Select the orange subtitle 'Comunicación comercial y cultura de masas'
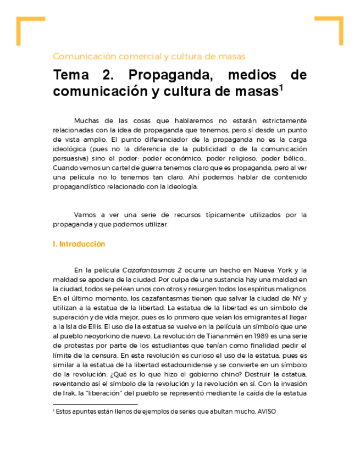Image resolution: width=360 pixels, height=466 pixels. coord(148,57)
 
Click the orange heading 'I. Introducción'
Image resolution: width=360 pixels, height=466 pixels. coord(79,244)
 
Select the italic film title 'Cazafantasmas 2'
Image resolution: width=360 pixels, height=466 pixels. coord(152,270)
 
